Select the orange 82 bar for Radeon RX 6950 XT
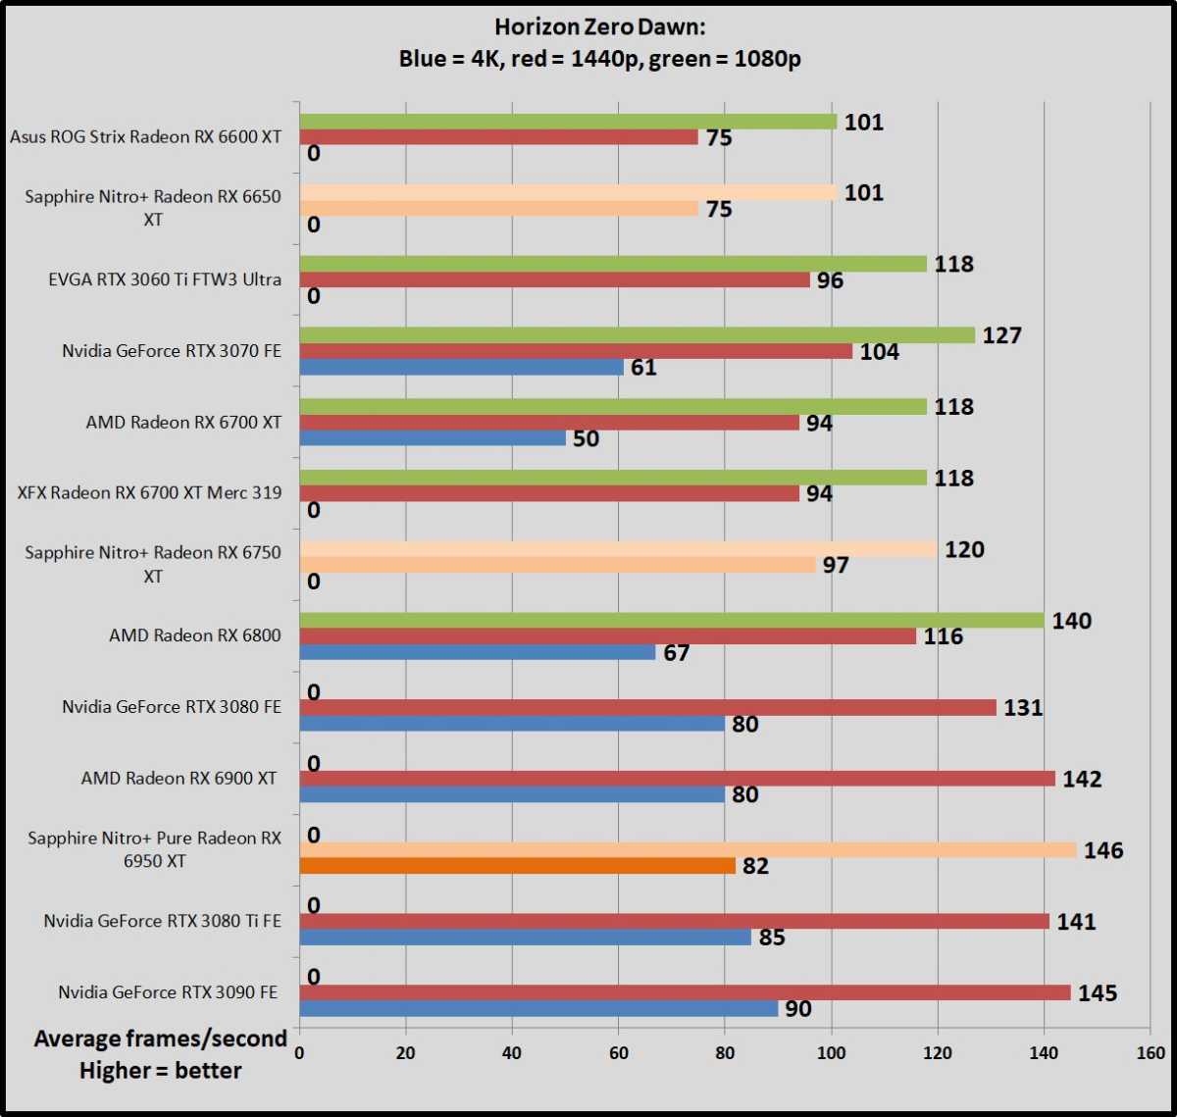(517, 866)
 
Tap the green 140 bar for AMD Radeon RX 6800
(671, 620)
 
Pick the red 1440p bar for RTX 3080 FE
(647, 707)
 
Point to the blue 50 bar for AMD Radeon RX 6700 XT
(432, 438)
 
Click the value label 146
(1103, 850)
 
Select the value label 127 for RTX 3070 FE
(1001, 335)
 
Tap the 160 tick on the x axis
(1150, 1052)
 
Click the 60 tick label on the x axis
(618, 1052)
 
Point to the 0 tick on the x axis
(299, 1052)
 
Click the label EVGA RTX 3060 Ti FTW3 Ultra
(164, 279)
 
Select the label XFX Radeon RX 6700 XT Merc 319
(149, 493)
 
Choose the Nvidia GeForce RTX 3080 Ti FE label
(161, 921)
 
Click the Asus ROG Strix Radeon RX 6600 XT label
(145, 136)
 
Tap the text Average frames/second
(160, 1039)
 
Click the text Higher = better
(160, 1070)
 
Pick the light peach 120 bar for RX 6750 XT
(618, 549)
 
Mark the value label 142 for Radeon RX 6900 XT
(1082, 779)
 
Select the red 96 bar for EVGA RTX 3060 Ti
(554, 279)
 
